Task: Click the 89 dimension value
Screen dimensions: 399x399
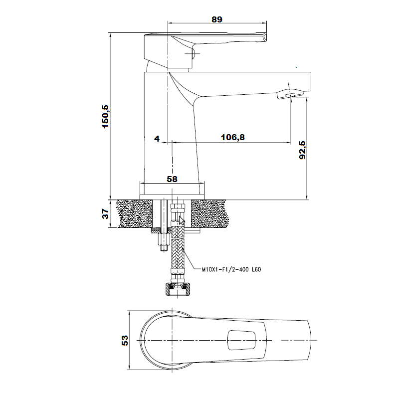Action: (x=217, y=19)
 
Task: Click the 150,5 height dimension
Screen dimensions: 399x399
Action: (x=105, y=117)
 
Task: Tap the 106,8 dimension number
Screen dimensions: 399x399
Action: (x=233, y=138)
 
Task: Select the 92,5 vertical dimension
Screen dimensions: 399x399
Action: (x=303, y=150)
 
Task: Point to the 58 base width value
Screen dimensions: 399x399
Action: (x=172, y=179)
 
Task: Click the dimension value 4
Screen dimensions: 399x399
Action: (x=157, y=139)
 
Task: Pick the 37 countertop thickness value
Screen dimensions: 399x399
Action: (x=105, y=214)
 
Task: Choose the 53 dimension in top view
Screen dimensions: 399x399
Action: (x=125, y=340)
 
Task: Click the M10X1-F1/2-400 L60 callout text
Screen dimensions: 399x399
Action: (x=231, y=269)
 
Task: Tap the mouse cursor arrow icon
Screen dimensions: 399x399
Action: (x=182, y=220)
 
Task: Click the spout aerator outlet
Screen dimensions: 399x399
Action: (x=290, y=94)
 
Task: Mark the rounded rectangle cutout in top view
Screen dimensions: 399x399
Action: (x=241, y=340)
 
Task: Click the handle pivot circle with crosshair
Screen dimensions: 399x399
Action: (x=192, y=53)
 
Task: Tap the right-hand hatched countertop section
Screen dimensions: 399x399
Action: (x=208, y=213)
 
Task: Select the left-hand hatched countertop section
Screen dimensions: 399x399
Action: (x=134, y=213)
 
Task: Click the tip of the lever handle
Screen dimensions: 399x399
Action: (x=266, y=36)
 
